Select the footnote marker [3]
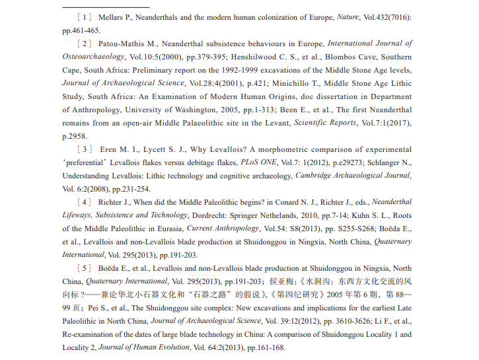pos(86,149)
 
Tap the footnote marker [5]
pos(86,268)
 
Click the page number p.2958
pos(74,136)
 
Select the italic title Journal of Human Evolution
pos(142,347)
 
